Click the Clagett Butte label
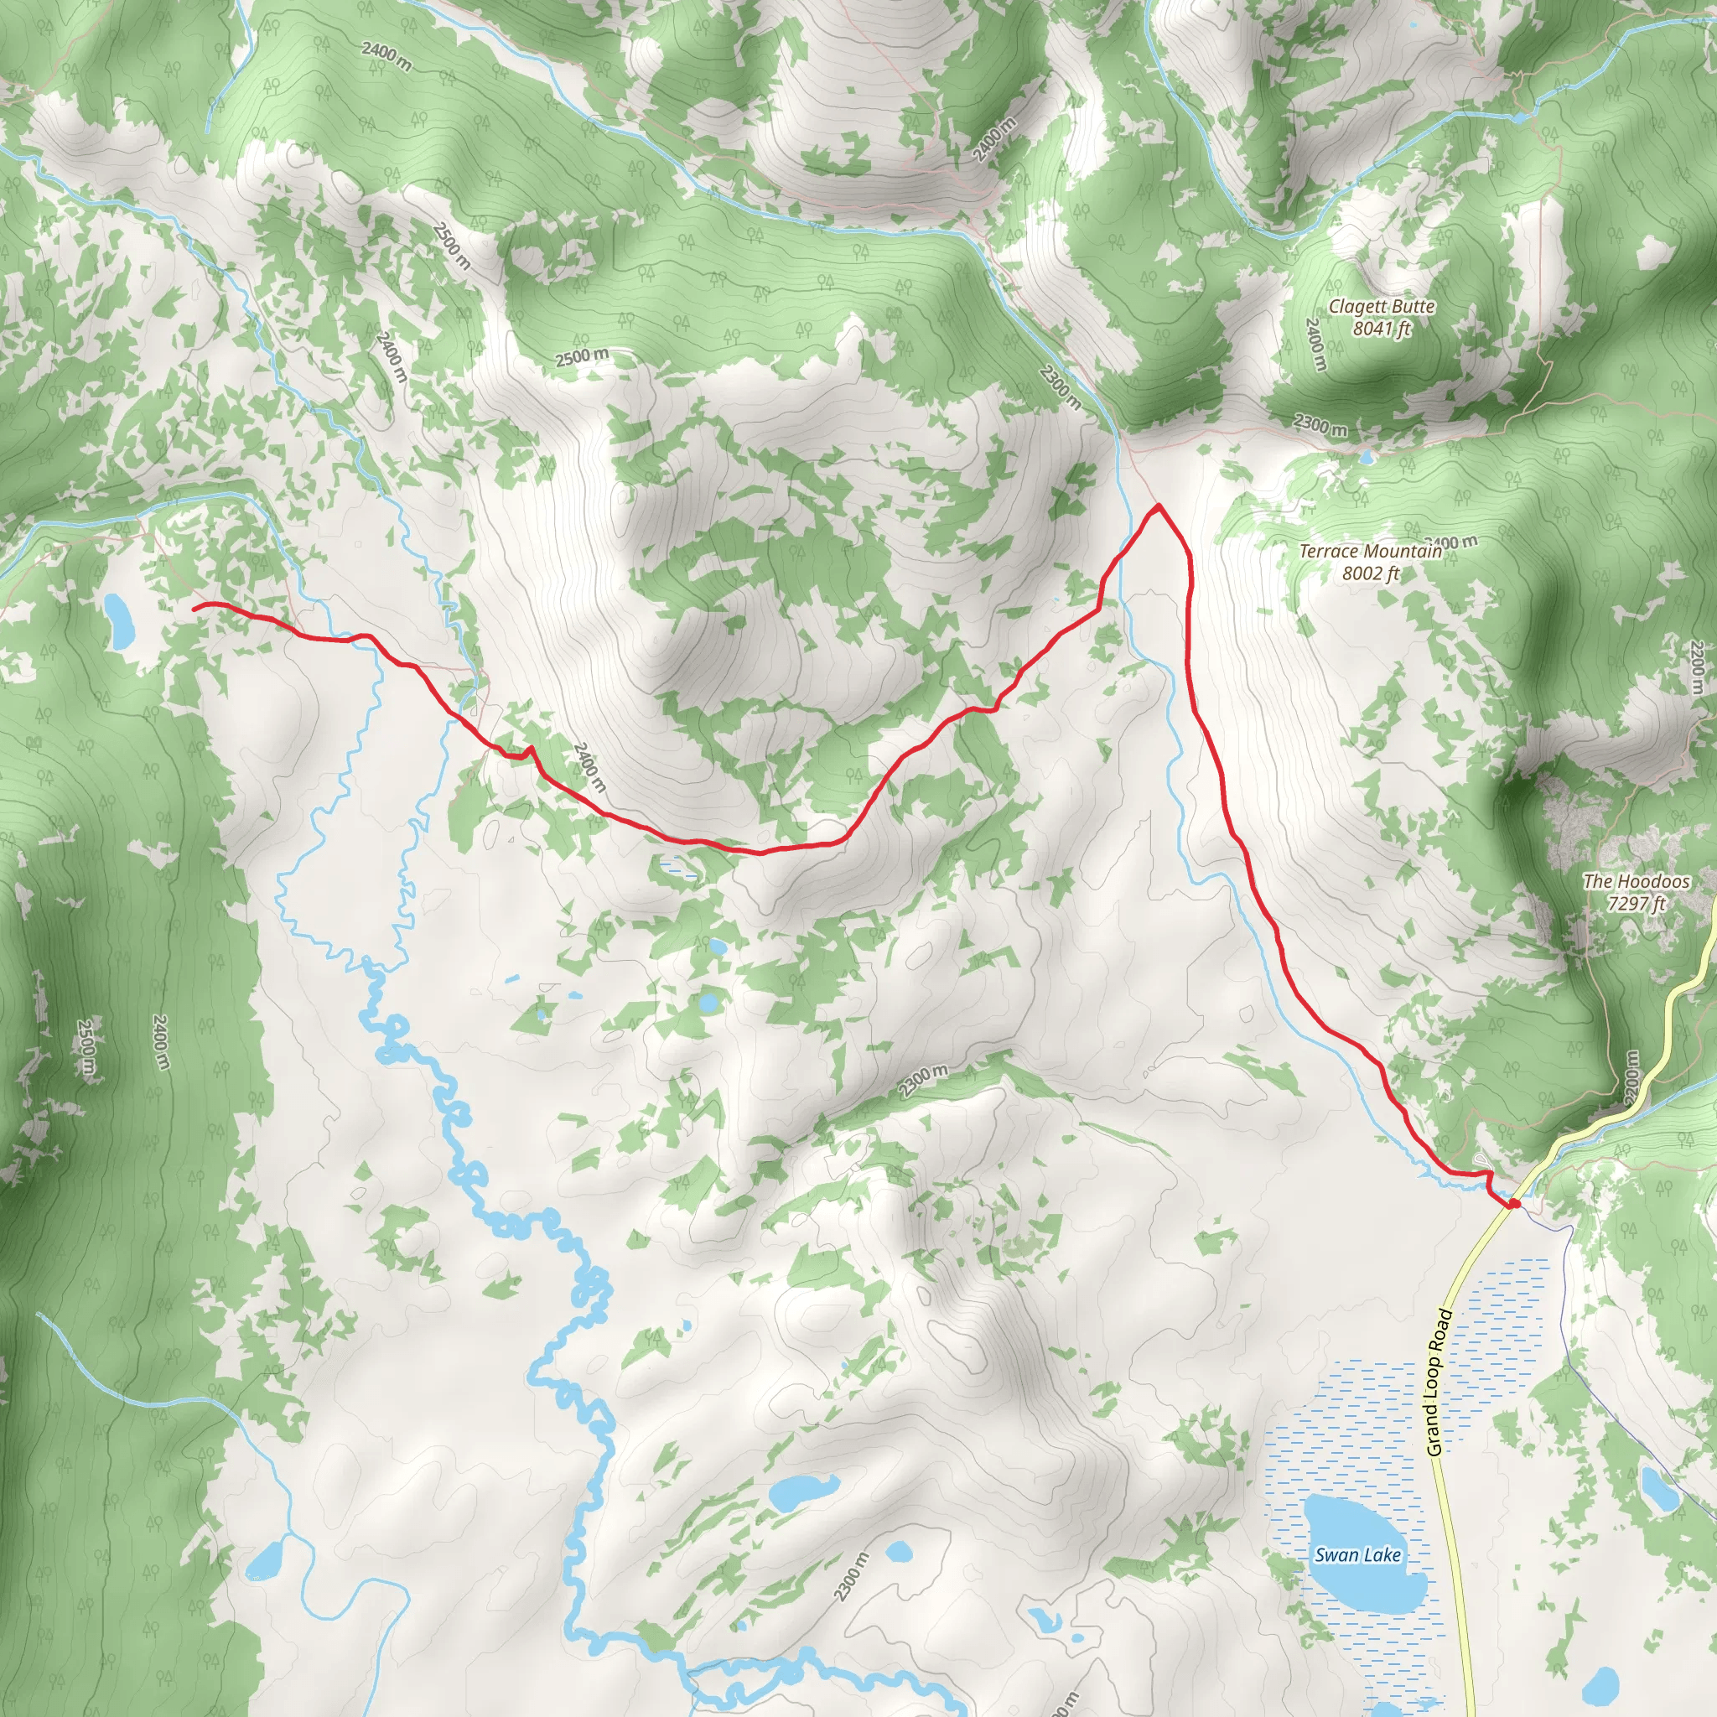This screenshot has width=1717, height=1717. coord(1381,307)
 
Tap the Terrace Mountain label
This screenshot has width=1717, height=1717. coord(1371,551)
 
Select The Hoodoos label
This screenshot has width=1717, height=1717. coord(1637,882)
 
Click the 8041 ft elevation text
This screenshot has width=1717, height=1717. coord(1382,329)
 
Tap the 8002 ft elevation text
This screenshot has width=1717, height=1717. coord(1371,573)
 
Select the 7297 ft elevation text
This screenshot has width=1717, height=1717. coord(1637,904)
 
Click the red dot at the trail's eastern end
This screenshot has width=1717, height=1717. coord(1513,1204)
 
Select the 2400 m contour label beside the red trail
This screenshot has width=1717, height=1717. coord(589,768)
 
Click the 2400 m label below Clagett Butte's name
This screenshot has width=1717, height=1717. coord(1316,345)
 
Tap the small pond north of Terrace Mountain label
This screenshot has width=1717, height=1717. coord(1365,459)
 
